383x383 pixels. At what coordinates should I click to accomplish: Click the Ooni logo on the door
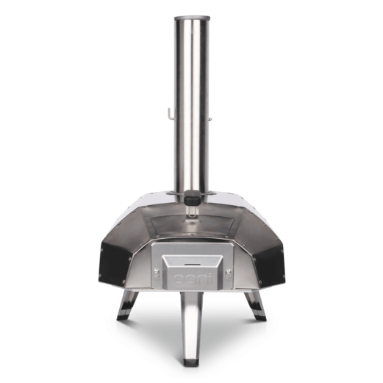[x=193, y=279]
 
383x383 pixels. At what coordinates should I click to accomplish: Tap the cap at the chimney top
[x=192, y=18]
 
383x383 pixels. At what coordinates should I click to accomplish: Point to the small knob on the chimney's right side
[x=210, y=119]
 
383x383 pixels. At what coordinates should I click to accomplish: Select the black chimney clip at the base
[x=193, y=197]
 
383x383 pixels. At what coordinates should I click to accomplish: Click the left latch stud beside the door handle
[x=156, y=271]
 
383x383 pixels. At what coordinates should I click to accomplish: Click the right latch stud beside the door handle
[x=229, y=271]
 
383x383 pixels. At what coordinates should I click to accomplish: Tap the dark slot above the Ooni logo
[x=193, y=265]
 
